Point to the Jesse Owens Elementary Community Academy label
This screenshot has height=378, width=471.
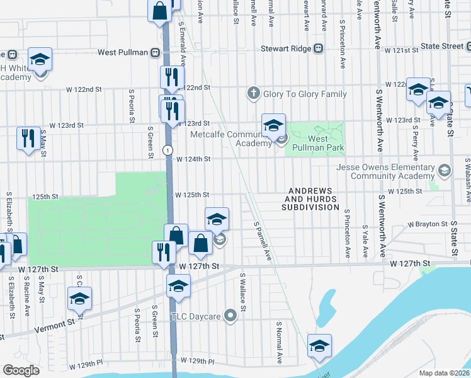pyautogui.click(x=385, y=172)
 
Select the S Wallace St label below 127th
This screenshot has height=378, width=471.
pyautogui.click(x=243, y=292)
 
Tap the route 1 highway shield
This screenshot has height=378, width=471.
pyautogui.click(x=167, y=150)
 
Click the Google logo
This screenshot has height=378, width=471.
pyautogui.click(x=21, y=370)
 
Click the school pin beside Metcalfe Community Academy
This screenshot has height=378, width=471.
pyautogui.click(x=273, y=126)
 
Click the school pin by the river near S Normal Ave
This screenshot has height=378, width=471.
pyautogui.click(x=319, y=346)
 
